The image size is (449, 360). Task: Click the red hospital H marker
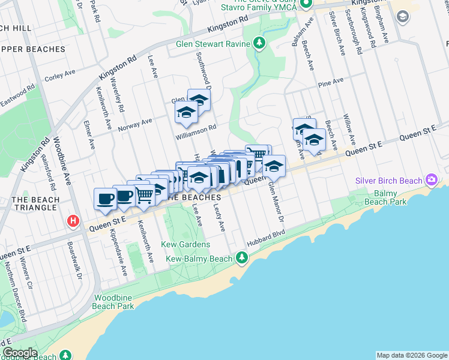74,221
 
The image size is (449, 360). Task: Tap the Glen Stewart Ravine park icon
259,43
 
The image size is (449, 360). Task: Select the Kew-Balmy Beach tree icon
241,258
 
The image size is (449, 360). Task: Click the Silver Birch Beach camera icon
430,179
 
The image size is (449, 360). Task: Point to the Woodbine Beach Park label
113,302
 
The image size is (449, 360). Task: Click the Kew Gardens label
185,245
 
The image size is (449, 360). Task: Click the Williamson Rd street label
196,131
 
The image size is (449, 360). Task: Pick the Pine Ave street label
331,80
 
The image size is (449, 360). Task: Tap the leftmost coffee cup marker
105,199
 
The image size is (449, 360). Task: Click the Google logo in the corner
20,353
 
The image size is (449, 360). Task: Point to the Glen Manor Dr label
278,205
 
